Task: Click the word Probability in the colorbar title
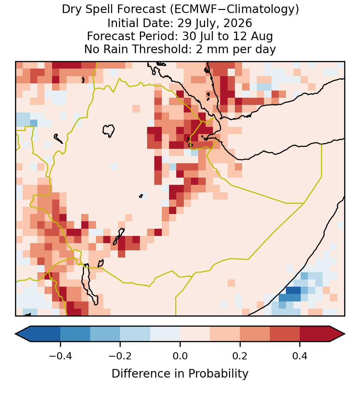pyautogui.click(x=218, y=374)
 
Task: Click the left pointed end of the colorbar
pyautogui.click(x=15, y=334)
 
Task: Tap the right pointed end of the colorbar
pyautogui.click(x=345, y=334)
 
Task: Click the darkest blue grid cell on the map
pyautogui.click(x=293, y=290)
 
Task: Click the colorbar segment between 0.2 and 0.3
pyautogui.click(x=255, y=334)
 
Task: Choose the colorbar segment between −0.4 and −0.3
pyautogui.click(x=75, y=334)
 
